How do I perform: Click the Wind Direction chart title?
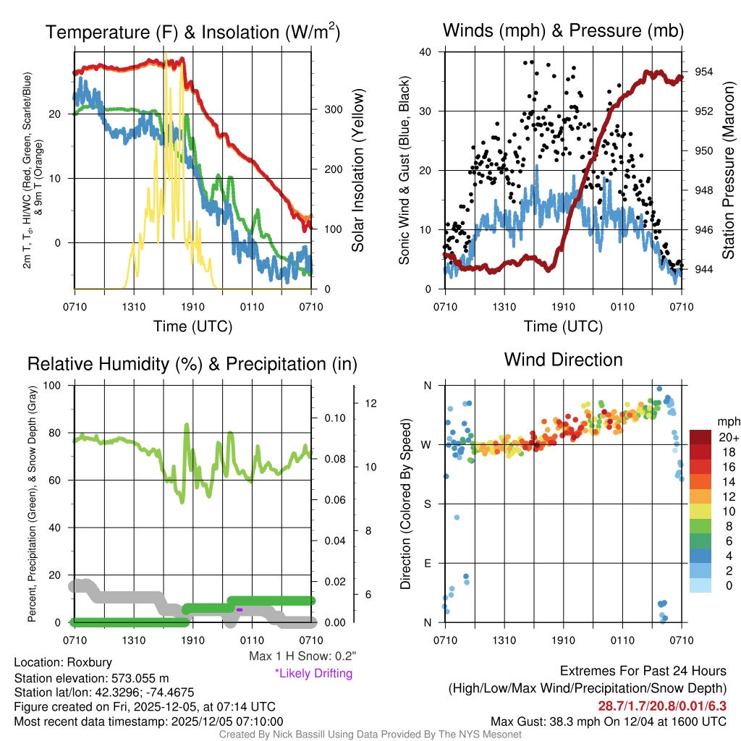pyautogui.click(x=563, y=360)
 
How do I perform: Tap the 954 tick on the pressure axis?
pyautogui.click(x=704, y=72)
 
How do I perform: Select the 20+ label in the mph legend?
pyautogui.click(x=728, y=437)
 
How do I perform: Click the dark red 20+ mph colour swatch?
pyautogui.click(x=700, y=437)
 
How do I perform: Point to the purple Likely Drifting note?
pyautogui.click(x=313, y=673)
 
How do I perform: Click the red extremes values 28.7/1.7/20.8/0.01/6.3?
pyautogui.click(x=661, y=706)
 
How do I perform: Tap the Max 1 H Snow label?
pyautogui.click(x=302, y=656)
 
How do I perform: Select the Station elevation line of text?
pyautogui.click(x=91, y=678)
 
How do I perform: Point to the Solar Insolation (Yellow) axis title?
pyautogui.click(x=357, y=171)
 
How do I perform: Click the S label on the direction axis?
pyautogui.click(x=427, y=504)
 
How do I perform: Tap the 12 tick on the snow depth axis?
pyautogui.click(x=368, y=403)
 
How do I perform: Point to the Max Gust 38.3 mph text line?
pyautogui.click(x=608, y=721)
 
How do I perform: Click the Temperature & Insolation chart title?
pyautogui.click(x=193, y=32)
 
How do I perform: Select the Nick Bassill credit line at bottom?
pyautogui.click(x=370, y=734)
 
